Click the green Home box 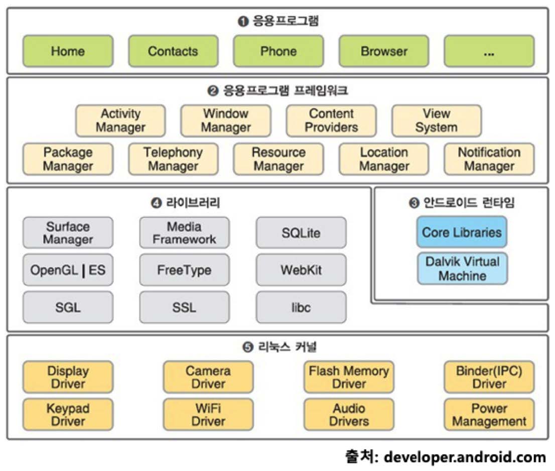click(x=68, y=51)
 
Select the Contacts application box click(x=173, y=51)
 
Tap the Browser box click(x=384, y=51)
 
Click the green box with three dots click(x=489, y=51)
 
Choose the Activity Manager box click(x=120, y=121)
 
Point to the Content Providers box click(x=331, y=121)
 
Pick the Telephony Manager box click(x=173, y=159)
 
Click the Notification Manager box click(x=489, y=159)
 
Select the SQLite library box click(x=301, y=233)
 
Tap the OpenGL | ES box click(x=68, y=270)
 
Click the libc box click(x=301, y=307)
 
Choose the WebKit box click(x=301, y=270)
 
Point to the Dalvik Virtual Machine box click(x=462, y=269)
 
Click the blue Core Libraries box click(x=462, y=232)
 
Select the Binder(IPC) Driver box click(x=489, y=377)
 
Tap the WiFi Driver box click(x=208, y=414)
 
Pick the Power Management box click(x=489, y=414)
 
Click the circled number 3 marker click(x=414, y=203)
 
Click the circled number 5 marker click(x=247, y=347)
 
